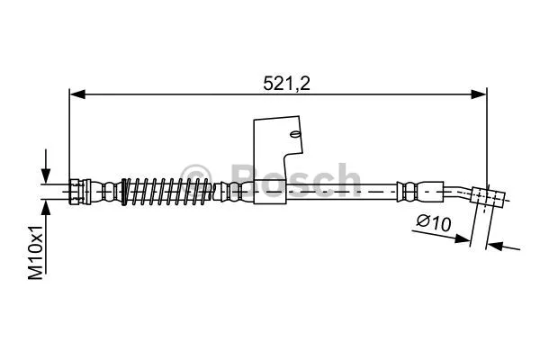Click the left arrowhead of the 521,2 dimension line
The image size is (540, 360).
coord(76,93)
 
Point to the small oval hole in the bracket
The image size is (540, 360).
coord(294,135)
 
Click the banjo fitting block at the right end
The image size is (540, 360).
coord(491,197)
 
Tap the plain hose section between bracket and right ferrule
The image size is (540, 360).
coord(351,191)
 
